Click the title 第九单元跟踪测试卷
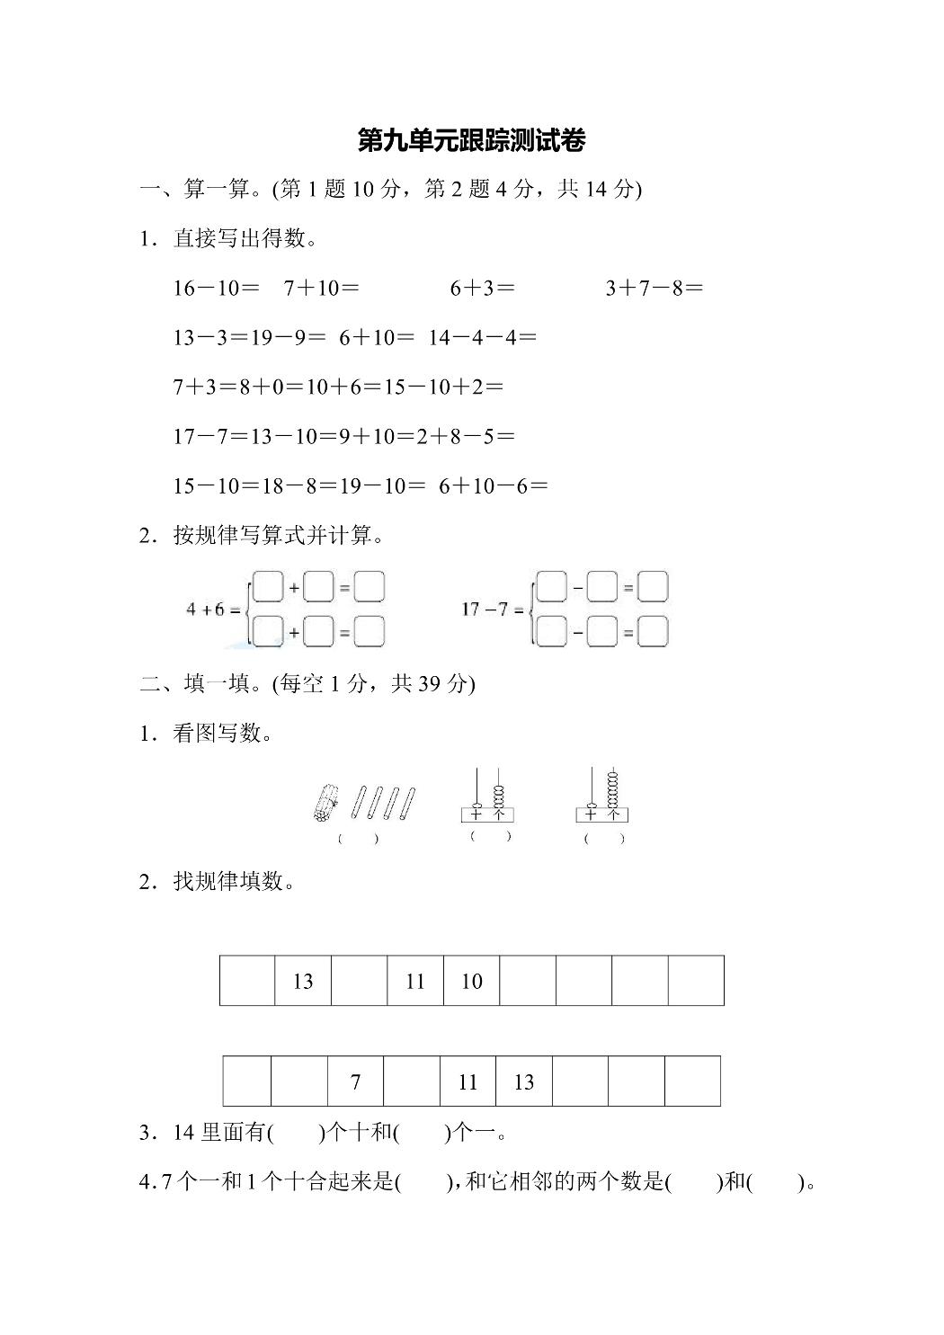[x=471, y=141]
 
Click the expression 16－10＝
[x=217, y=289]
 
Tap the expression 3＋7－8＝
[x=655, y=289]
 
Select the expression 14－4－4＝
[x=483, y=338]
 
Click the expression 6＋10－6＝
[x=494, y=486]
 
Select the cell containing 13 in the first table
[x=303, y=981]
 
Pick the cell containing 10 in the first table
[x=471, y=981]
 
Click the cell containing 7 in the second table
[x=355, y=1081]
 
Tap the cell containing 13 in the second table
[x=524, y=1081]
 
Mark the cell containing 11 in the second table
[x=468, y=1081]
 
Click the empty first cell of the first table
[x=247, y=981]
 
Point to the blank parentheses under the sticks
[x=358, y=839]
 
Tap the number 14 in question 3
[x=184, y=1133]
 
